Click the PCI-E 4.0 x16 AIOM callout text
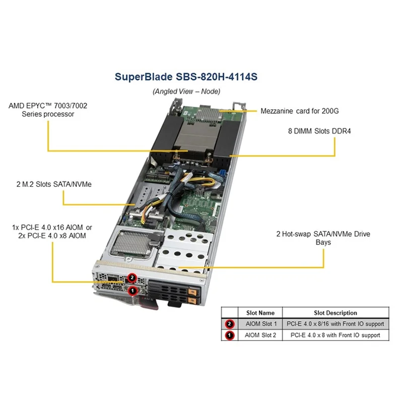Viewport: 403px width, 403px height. [x=52, y=231]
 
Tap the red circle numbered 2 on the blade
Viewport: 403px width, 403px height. [x=132, y=277]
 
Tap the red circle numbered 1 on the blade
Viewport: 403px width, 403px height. [x=132, y=290]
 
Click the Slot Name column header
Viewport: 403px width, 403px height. [x=260, y=313]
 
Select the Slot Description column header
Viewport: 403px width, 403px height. [x=335, y=313]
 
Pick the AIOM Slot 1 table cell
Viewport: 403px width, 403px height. [x=260, y=324]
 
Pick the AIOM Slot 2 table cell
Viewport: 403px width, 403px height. [x=260, y=335]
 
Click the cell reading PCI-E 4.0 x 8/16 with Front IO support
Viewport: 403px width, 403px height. [x=335, y=324]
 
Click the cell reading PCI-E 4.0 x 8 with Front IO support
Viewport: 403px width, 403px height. [x=335, y=335]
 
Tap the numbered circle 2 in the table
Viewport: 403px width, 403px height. [x=230, y=324]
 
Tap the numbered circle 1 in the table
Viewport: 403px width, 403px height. [x=230, y=335]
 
